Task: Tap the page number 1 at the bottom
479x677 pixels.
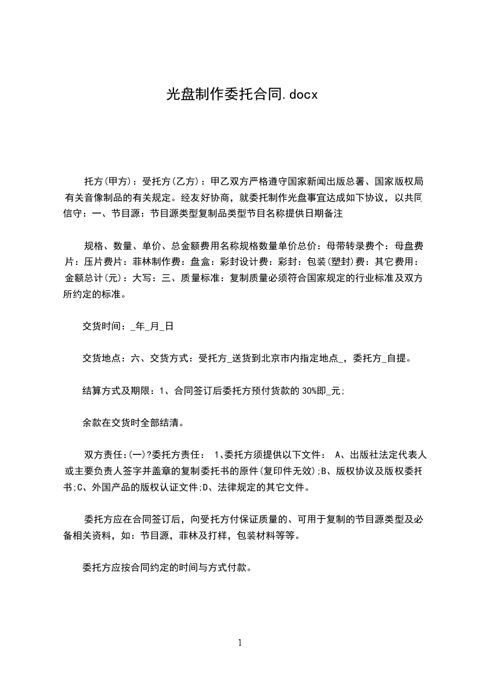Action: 240,643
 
